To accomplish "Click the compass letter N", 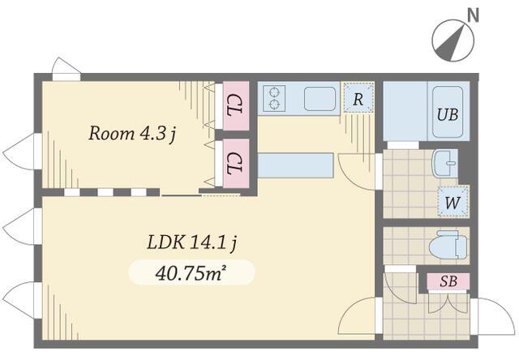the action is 474,15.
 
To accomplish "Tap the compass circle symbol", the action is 453,41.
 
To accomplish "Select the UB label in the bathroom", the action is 448,114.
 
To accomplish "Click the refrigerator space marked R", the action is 358,98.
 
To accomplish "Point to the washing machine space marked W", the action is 453,202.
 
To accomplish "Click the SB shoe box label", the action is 448,281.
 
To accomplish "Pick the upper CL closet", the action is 236,105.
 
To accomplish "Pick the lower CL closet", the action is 236,163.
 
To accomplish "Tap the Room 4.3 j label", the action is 132,134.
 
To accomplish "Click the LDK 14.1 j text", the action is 192,243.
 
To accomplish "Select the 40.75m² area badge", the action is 191,272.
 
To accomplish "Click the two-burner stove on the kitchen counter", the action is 274,98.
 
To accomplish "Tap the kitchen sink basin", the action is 320,99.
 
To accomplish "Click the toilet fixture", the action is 448,246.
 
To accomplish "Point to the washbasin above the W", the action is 445,163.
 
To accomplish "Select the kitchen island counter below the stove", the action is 295,165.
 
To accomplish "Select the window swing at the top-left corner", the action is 66,69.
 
